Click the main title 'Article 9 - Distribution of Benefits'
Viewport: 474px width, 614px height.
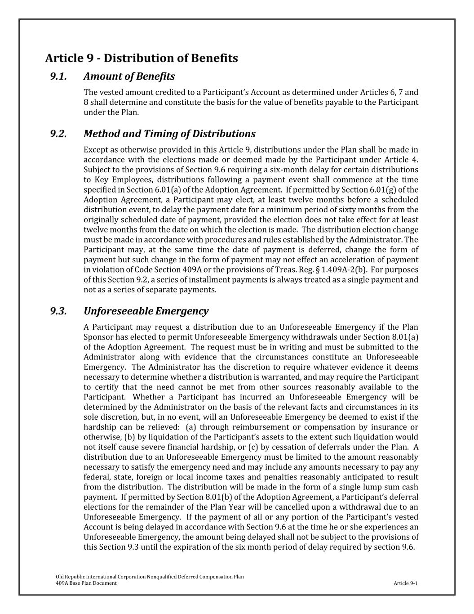pos(142,58)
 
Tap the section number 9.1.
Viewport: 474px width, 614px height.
pos(58,76)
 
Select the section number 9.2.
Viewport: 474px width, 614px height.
pos(58,134)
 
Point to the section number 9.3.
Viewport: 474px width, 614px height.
pos(58,311)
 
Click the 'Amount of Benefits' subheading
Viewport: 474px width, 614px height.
pos(129,76)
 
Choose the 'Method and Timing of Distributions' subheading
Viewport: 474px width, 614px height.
pos(169,134)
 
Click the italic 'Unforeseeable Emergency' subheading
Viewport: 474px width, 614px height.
pos(146,311)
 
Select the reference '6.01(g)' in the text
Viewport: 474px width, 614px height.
pos(394,190)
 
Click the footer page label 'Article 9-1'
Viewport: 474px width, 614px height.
pos(405,583)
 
